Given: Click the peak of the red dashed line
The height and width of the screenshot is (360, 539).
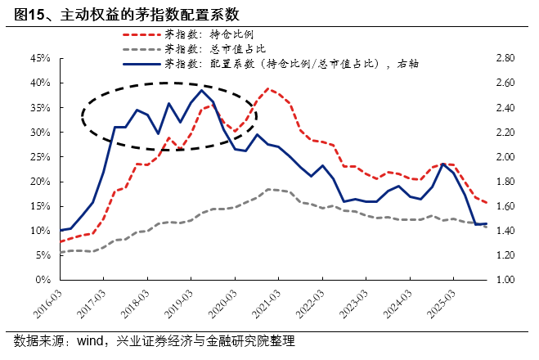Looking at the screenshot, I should pyautogui.click(x=268, y=88).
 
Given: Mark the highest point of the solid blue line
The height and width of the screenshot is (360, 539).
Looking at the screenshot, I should pyautogui.click(x=202, y=90).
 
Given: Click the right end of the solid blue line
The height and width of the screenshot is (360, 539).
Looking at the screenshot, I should pyautogui.click(x=487, y=223).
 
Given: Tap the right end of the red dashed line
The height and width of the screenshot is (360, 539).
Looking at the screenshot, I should pyautogui.click(x=487, y=203).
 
